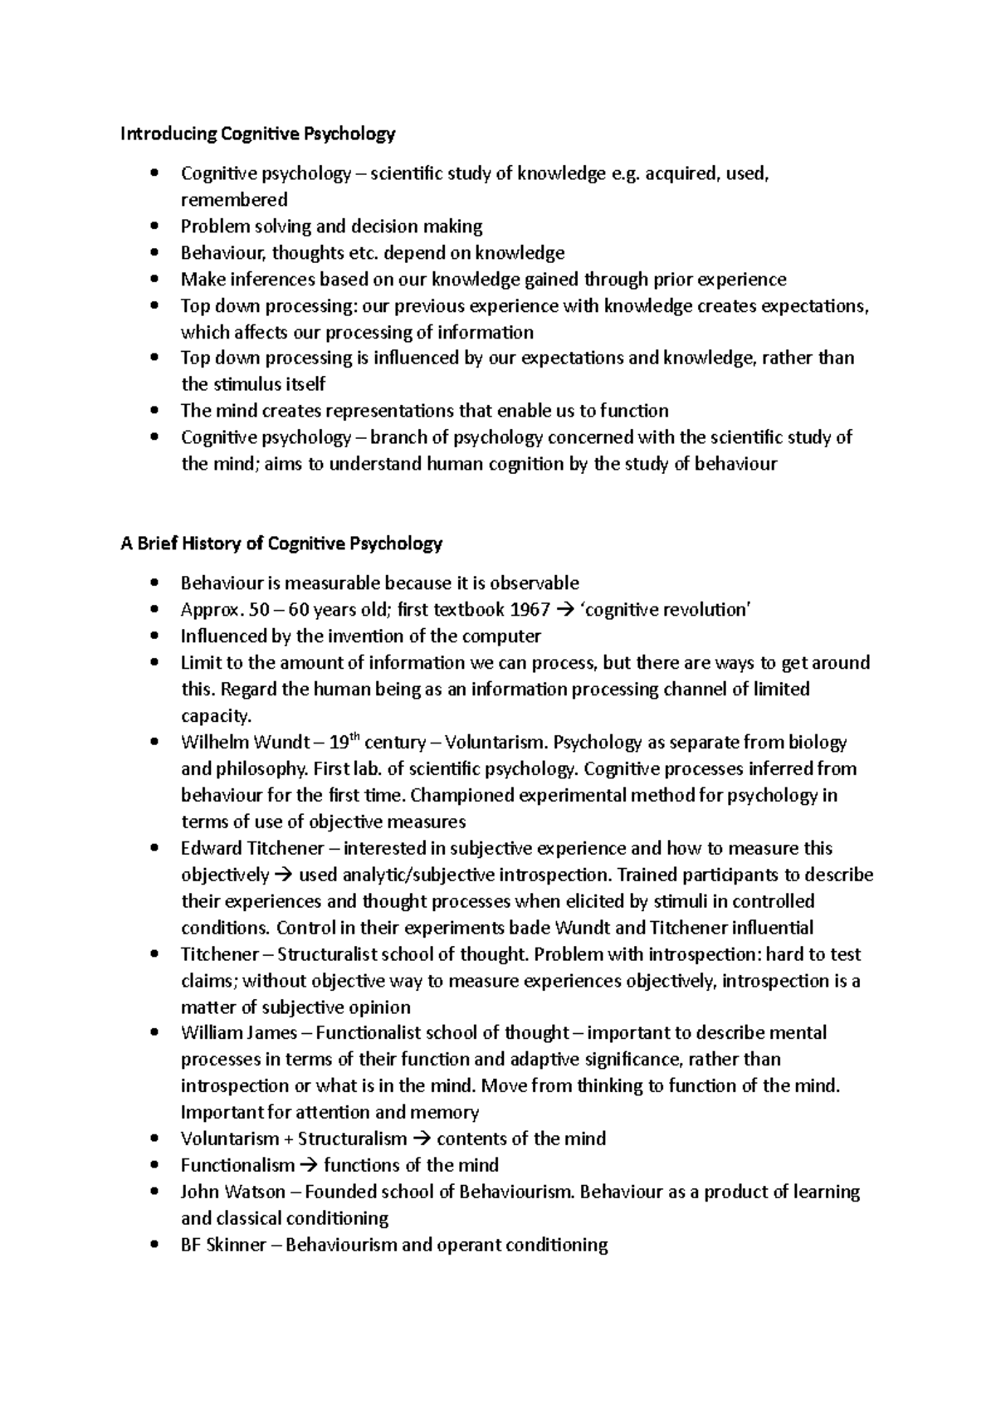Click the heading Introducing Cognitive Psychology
pos(258,133)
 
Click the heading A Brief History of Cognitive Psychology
pos(281,544)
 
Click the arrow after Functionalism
pos(309,1165)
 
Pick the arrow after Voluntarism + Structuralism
pos(422,1138)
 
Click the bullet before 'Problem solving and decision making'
pos(155,226)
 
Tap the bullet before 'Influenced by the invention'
pos(155,636)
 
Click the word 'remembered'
pos(234,200)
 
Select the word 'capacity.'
pos(216,715)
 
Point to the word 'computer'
pos(505,636)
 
